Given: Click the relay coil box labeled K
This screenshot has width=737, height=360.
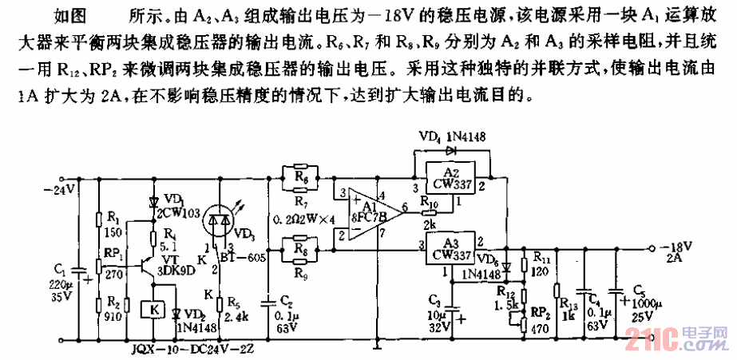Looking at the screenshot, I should pos(153,308).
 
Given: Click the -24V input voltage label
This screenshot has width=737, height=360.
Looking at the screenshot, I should pos(57,190).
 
